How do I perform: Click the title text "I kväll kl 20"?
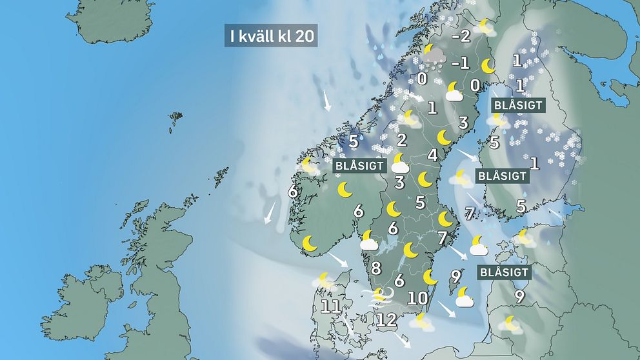tap(270, 36)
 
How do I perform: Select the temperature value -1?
tap(461, 63)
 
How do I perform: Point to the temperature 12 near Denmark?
tap(387, 319)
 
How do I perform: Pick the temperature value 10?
tap(417, 298)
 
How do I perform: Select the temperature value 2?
tap(401, 140)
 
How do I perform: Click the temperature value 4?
tap(432, 155)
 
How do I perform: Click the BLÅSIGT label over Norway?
tap(359, 166)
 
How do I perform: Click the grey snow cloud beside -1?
tap(432, 57)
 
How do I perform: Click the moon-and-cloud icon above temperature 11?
tap(324, 281)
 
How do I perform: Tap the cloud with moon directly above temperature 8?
tap(368, 241)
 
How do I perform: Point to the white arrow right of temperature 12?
tap(404, 341)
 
